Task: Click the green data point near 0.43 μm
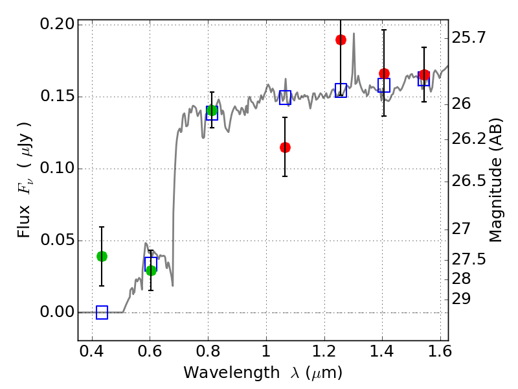tap(102, 256)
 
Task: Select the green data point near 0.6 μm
tap(151, 270)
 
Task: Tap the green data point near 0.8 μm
tap(212, 110)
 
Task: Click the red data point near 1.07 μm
tap(285, 147)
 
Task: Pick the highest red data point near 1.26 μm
tap(341, 40)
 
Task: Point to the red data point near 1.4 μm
tap(384, 73)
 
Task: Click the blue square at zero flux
tap(102, 312)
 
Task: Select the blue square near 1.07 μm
tap(285, 97)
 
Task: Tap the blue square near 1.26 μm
tap(341, 91)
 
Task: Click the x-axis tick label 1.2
tap(323, 354)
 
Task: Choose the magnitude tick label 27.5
tap(469, 259)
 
